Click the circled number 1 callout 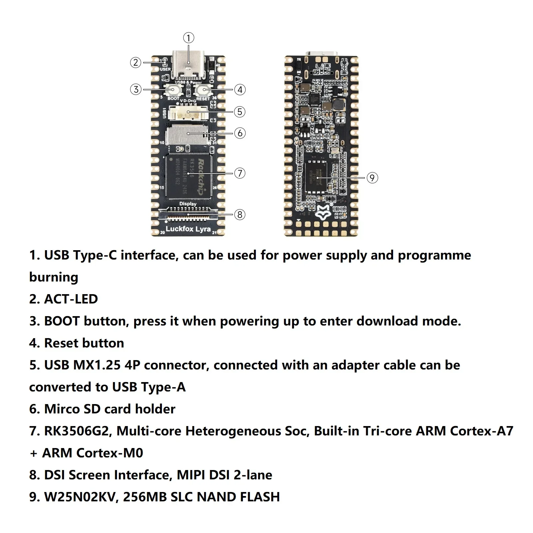[189, 38]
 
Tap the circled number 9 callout [372, 178]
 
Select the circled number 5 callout [240, 112]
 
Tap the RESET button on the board [204, 89]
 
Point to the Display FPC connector [189, 214]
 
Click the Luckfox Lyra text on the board [188, 229]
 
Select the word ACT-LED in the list [71, 299]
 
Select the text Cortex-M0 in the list [110, 453]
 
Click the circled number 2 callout [136, 63]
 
